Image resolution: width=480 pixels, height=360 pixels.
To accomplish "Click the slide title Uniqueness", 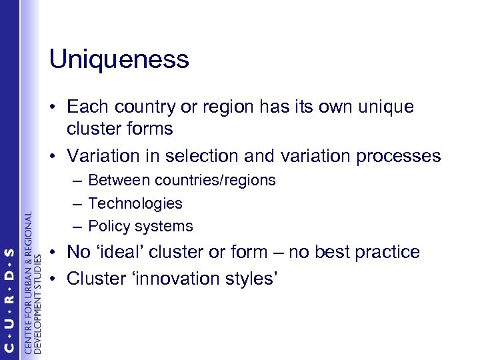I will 119,60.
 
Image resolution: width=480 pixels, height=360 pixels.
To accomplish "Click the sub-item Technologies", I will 135,203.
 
